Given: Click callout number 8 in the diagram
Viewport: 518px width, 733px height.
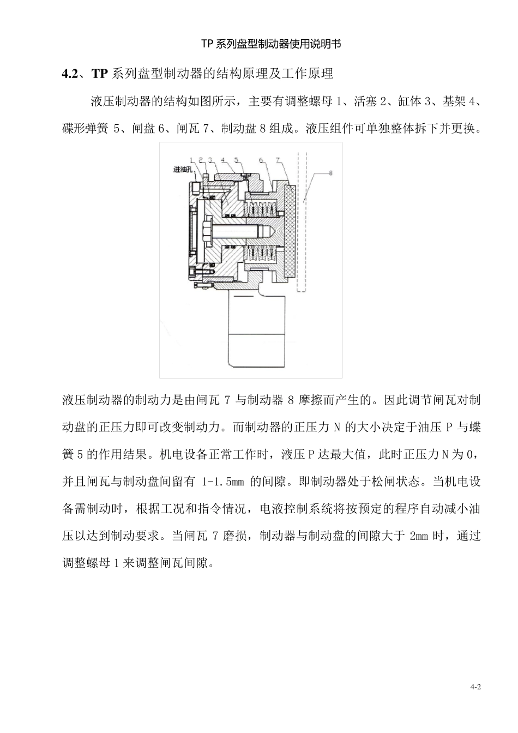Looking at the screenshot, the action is (x=332, y=172).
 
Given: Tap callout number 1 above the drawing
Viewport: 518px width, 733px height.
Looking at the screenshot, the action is (x=191, y=160).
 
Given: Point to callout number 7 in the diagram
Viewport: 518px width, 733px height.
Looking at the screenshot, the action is (x=278, y=160).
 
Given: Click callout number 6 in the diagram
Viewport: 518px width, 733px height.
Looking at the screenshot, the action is (x=261, y=160).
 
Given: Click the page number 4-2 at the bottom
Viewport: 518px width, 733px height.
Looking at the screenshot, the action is (x=476, y=687).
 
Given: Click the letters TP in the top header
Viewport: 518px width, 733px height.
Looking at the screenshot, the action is (x=208, y=44).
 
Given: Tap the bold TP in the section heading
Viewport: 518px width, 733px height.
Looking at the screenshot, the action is (x=101, y=74).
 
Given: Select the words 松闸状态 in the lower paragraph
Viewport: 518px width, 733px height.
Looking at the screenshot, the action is (x=396, y=482).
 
